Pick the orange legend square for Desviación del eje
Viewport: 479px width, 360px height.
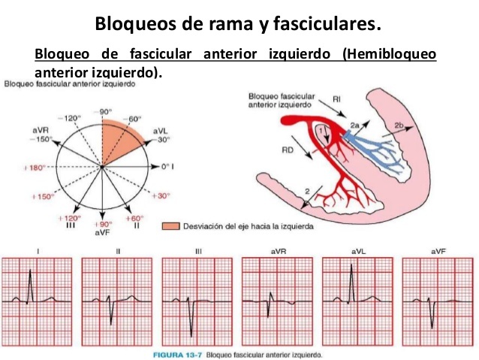(x=171, y=225)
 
